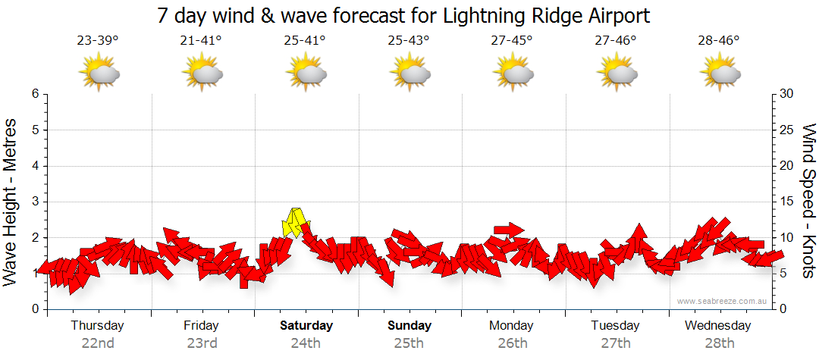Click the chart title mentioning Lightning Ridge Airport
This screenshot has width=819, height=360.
point(404,15)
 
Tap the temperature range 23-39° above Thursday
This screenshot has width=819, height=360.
point(98,41)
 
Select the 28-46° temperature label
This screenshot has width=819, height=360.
point(718,41)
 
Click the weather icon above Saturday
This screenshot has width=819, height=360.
point(306,74)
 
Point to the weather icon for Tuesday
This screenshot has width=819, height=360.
point(616,74)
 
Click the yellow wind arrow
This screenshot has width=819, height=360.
point(293,222)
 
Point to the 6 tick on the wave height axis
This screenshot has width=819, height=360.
point(35,94)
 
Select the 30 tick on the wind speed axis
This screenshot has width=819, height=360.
point(786,94)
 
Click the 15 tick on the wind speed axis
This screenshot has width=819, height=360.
point(786,202)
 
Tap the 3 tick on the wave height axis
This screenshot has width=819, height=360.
point(35,202)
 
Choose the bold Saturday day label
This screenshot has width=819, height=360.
point(306,326)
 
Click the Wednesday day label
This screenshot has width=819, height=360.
point(717,326)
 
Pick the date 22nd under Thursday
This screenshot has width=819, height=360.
point(98,343)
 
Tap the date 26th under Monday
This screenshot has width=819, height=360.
point(512,343)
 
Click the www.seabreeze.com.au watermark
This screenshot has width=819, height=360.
point(723,301)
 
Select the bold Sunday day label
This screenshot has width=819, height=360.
point(409,326)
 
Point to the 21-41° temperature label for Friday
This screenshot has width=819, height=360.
point(201,41)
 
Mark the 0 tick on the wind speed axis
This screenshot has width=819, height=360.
point(783,309)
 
